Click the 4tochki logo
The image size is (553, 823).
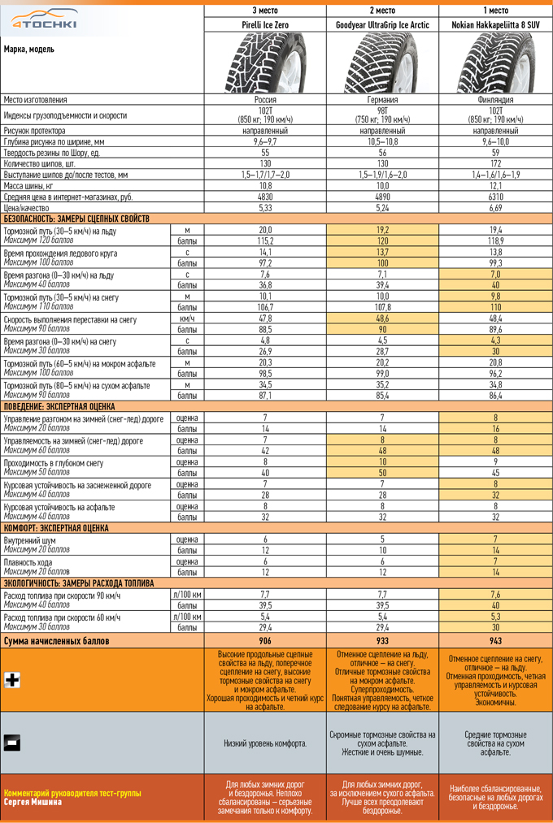coord(46,19)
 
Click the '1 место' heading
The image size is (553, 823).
coord(496,10)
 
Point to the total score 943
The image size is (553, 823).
coord(496,641)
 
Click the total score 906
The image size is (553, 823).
coord(265,641)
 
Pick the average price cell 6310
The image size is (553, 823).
coord(496,197)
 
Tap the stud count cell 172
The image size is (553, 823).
coord(496,163)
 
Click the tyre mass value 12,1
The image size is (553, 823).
coord(496,186)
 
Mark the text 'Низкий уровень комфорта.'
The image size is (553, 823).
coord(265,743)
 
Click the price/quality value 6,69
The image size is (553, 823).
coord(496,208)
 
